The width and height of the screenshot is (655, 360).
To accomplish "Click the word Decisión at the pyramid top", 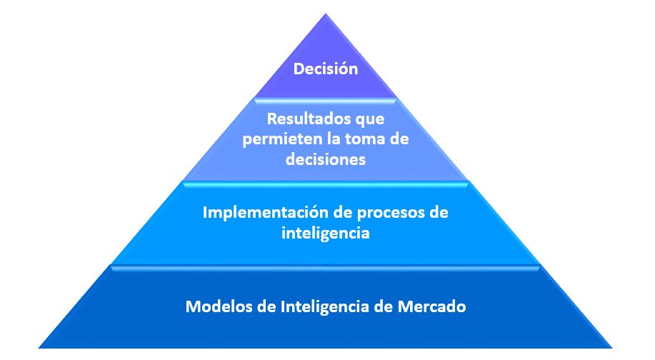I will coord(326,69).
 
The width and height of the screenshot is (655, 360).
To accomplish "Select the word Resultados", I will coord(296,119).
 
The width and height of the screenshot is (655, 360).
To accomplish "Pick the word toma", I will coord(361,139).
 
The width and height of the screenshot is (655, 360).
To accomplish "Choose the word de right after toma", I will coord(399,139).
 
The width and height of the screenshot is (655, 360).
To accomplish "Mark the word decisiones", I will coord(326,159).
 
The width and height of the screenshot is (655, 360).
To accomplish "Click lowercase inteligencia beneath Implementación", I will coord(326,233).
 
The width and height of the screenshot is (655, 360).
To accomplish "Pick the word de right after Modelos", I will coord(264,307).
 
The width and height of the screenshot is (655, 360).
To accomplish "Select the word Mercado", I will coord(436,307).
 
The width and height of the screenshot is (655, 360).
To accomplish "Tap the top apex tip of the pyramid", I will coord(326,14).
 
